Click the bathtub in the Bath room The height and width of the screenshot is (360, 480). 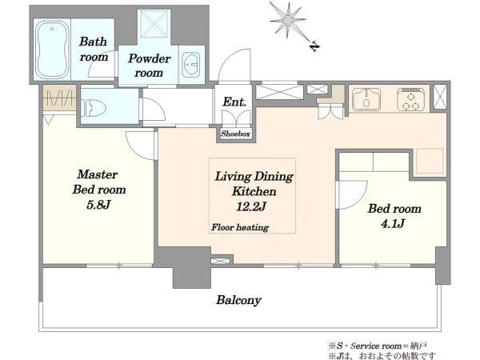tap(52, 50)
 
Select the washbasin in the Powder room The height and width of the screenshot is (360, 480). tap(190, 65)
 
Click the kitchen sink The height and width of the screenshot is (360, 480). tap(366, 99)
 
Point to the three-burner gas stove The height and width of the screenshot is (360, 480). tap(411, 99)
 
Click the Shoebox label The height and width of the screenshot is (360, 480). tap(235, 134)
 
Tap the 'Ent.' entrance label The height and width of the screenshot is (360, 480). tap(234, 102)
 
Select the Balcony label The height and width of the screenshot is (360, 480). tap(238, 300)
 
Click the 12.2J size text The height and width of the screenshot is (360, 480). tap(250, 206)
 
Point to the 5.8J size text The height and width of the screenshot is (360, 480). tap(98, 205)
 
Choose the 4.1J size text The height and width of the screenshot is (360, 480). tap(393, 223)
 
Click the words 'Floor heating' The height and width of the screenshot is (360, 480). tap(240, 227)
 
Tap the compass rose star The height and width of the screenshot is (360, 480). tap(287, 20)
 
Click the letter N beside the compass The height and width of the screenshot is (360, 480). tap(314, 46)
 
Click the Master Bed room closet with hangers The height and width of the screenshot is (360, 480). tap(59, 98)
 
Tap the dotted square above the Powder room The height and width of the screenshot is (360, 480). tap(154, 24)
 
